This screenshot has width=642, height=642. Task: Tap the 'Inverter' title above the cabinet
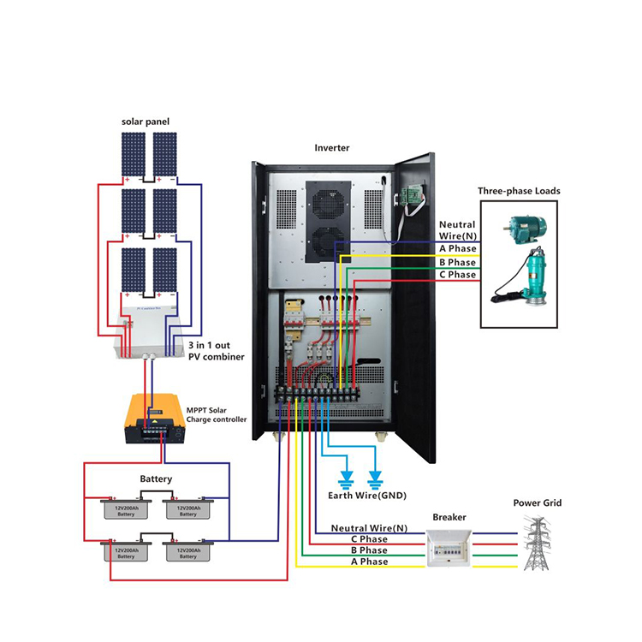pyautogui.click(x=331, y=148)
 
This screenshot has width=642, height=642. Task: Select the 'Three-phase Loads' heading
pyautogui.click(x=518, y=192)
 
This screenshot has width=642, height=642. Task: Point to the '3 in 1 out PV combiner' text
pyautogui.click(x=215, y=350)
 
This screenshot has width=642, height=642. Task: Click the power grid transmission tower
pyautogui.click(x=538, y=543)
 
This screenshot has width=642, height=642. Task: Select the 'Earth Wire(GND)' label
pyautogui.click(x=367, y=496)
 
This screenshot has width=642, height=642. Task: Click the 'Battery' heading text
pyautogui.click(x=156, y=479)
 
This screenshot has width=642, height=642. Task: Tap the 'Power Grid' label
pyautogui.click(x=537, y=503)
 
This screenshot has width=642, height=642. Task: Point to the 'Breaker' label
pyautogui.click(x=449, y=518)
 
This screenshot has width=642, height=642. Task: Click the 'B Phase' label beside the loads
pyautogui.click(x=457, y=262)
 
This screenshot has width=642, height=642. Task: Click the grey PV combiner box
pyautogui.click(x=150, y=329)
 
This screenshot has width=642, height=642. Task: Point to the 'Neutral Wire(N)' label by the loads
pyautogui.click(x=457, y=229)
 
